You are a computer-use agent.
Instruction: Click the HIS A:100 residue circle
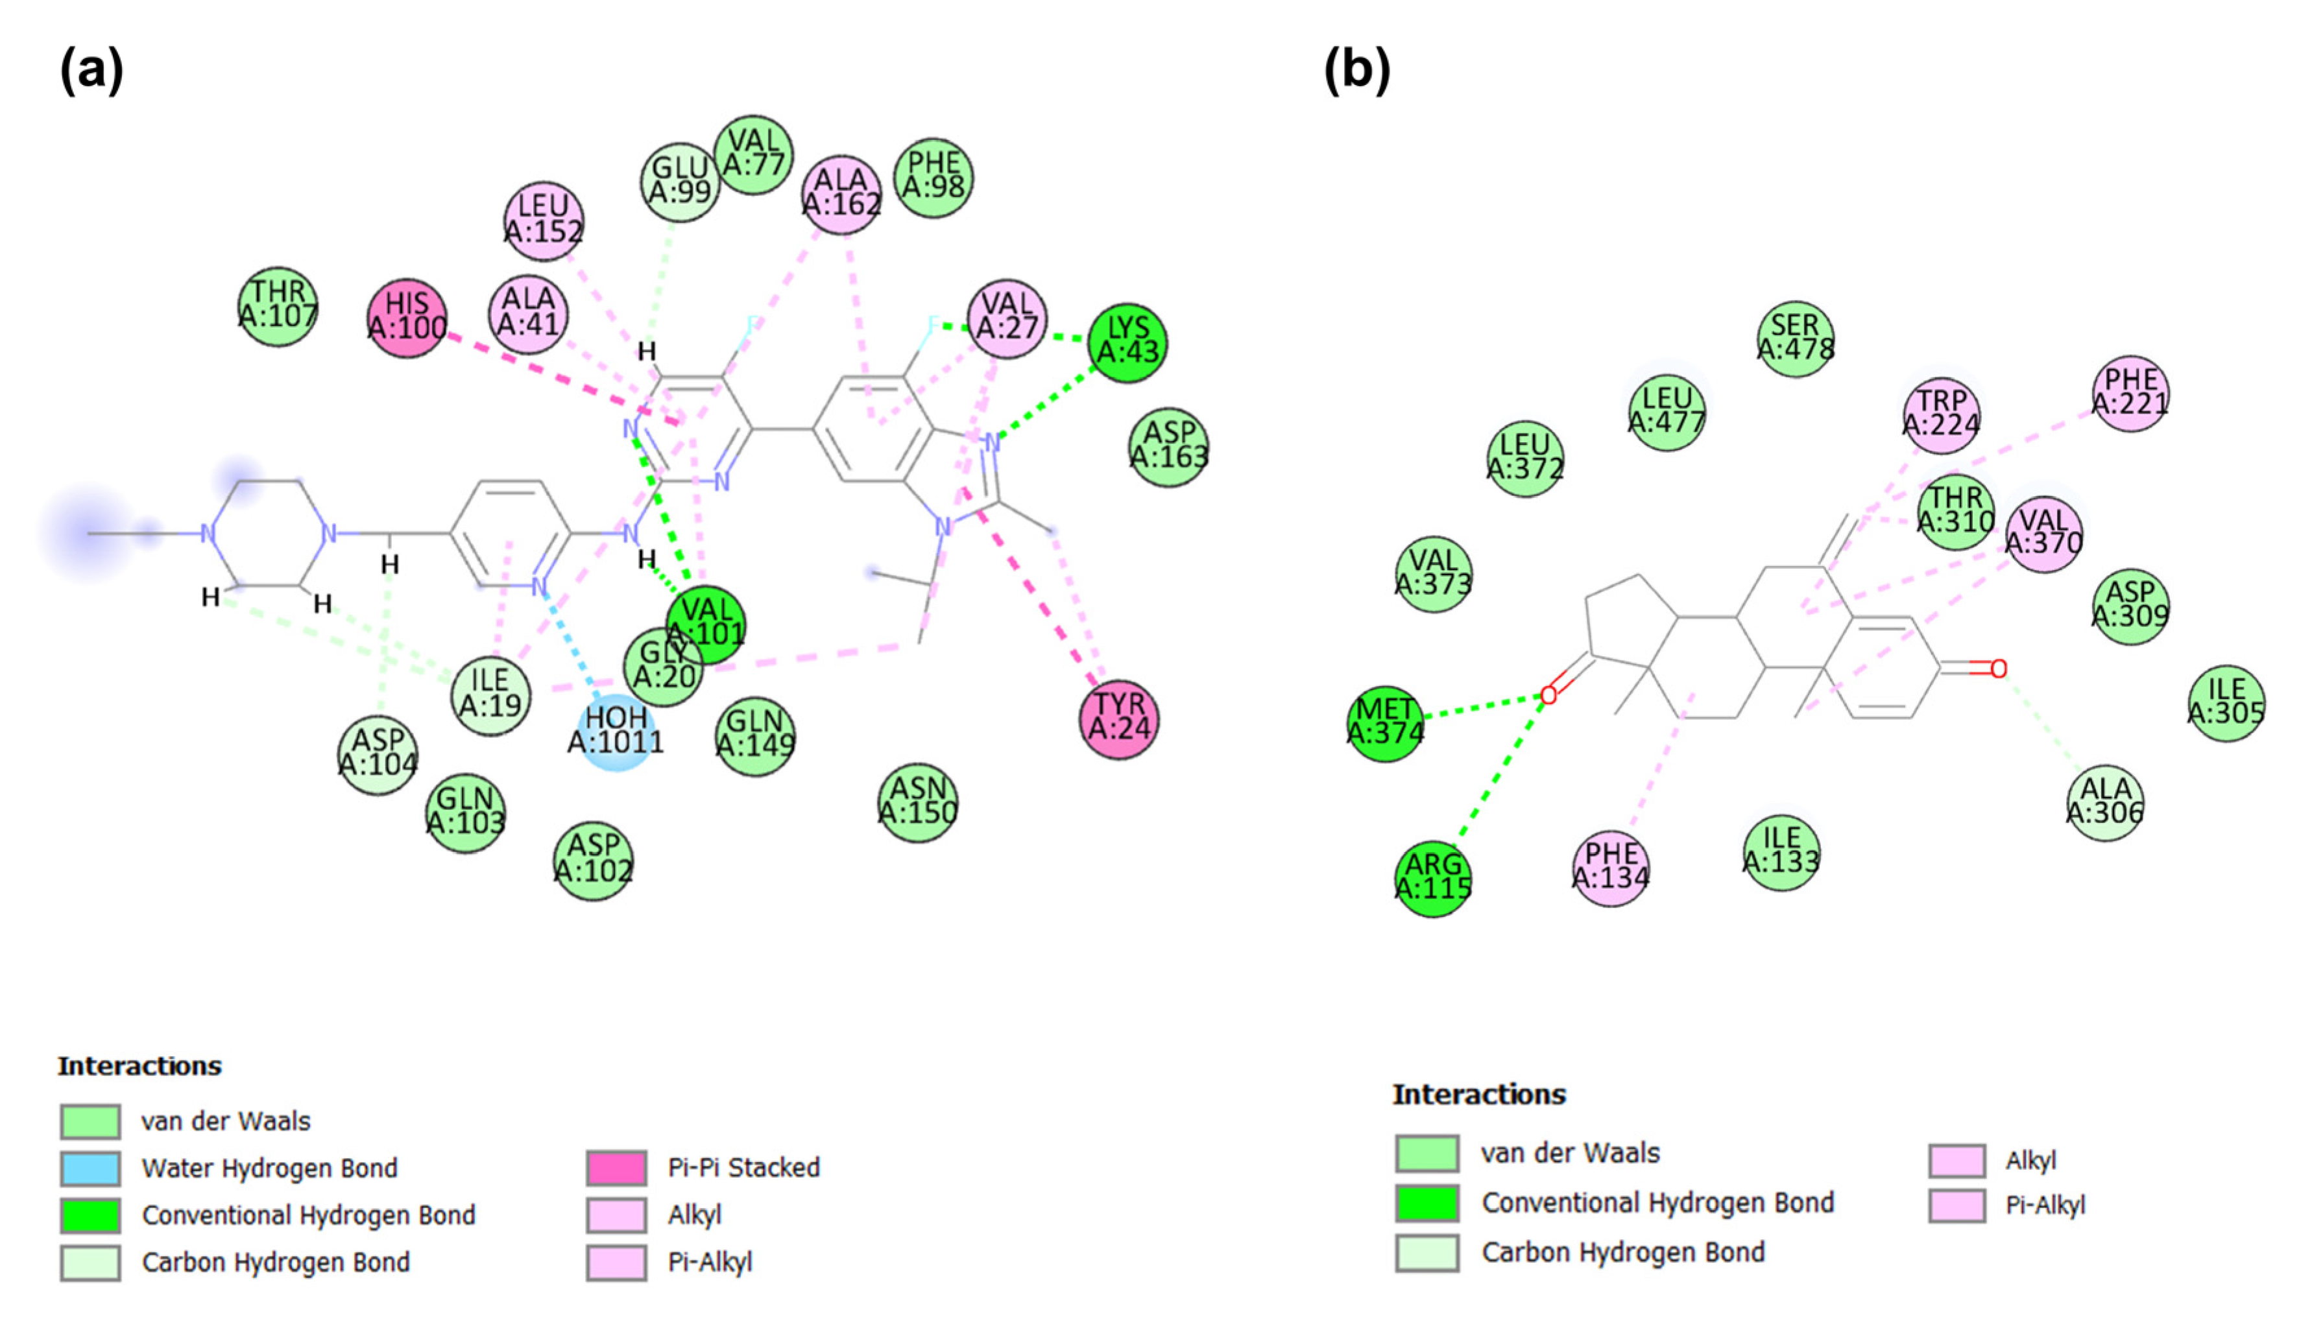point(407,318)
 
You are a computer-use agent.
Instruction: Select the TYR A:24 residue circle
point(1120,719)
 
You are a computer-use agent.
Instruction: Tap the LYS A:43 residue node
point(1127,342)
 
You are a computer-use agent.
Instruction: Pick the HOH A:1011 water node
point(616,731)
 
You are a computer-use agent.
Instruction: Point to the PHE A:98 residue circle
point(933,177)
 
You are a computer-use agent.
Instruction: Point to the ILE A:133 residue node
point(1781,852)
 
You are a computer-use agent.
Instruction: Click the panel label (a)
point(91,70)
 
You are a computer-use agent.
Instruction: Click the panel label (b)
point(1357,70)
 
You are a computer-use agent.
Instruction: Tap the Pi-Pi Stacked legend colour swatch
point(617,1167)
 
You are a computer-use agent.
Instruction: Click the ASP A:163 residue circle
point(1169,447)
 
